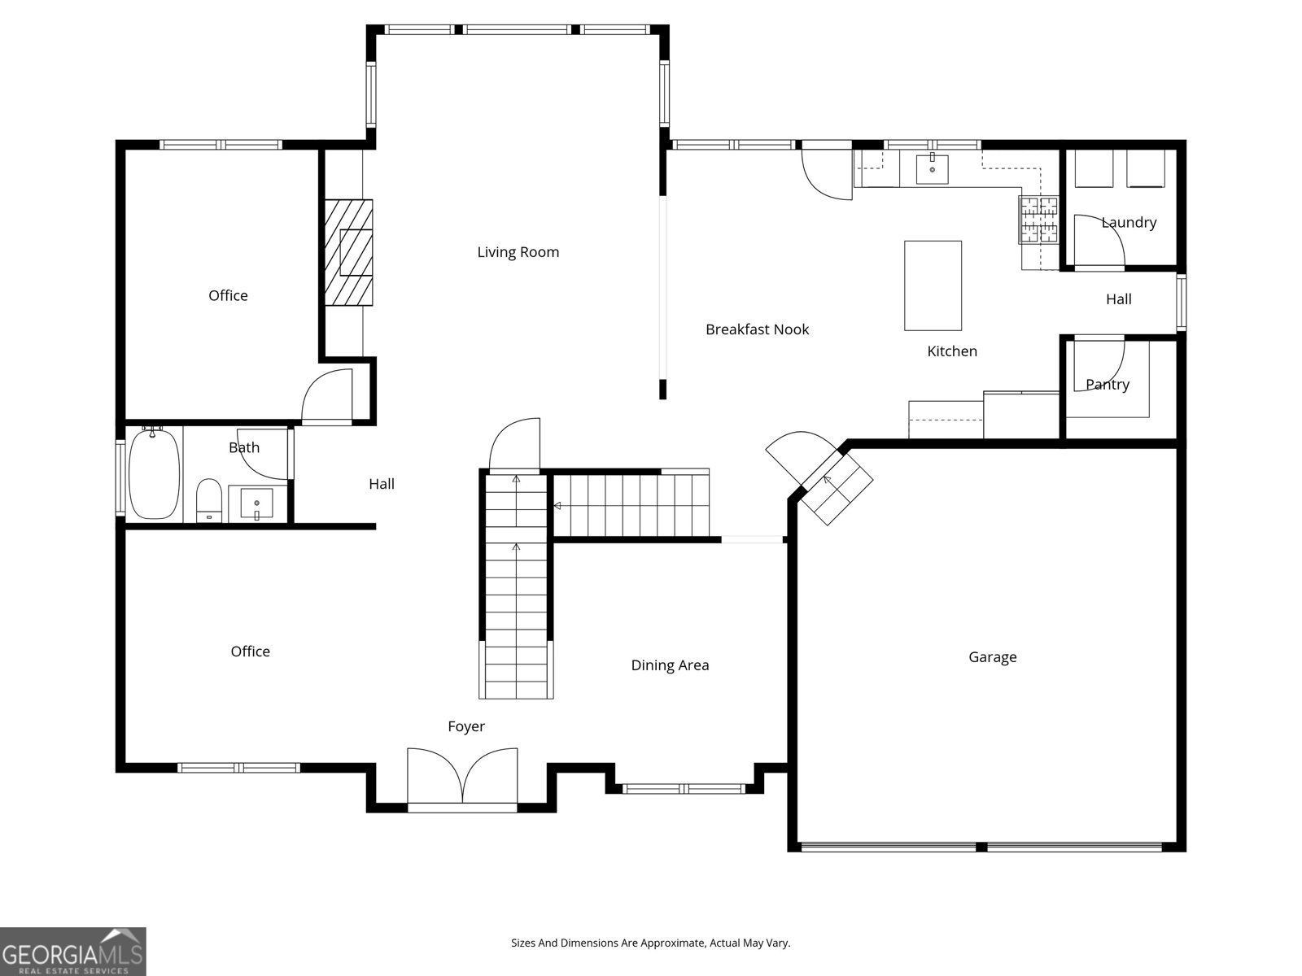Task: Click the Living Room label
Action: click(x=518, y=252)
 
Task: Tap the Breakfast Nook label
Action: click(x=757, y=329)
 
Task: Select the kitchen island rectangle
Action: click(x=933, y=285)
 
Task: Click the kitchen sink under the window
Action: click(x=932, y=170)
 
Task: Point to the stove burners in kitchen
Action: click(x=1039, y=220)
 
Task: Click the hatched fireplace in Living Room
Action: click(x=349, y=252)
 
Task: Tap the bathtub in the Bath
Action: click(x=154, y=474)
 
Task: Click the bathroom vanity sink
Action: click(x=256, y=503)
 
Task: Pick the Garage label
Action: click(x=992, y=657)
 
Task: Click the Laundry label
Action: click(x=1129, y=223)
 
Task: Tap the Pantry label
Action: click(x=1107, y=385)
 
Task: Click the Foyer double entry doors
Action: click(x=462, y=777)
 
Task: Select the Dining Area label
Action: click(x=670, y=665)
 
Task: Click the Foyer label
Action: click(x=466, y=726)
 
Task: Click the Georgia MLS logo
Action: click(x=73, y=951)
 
